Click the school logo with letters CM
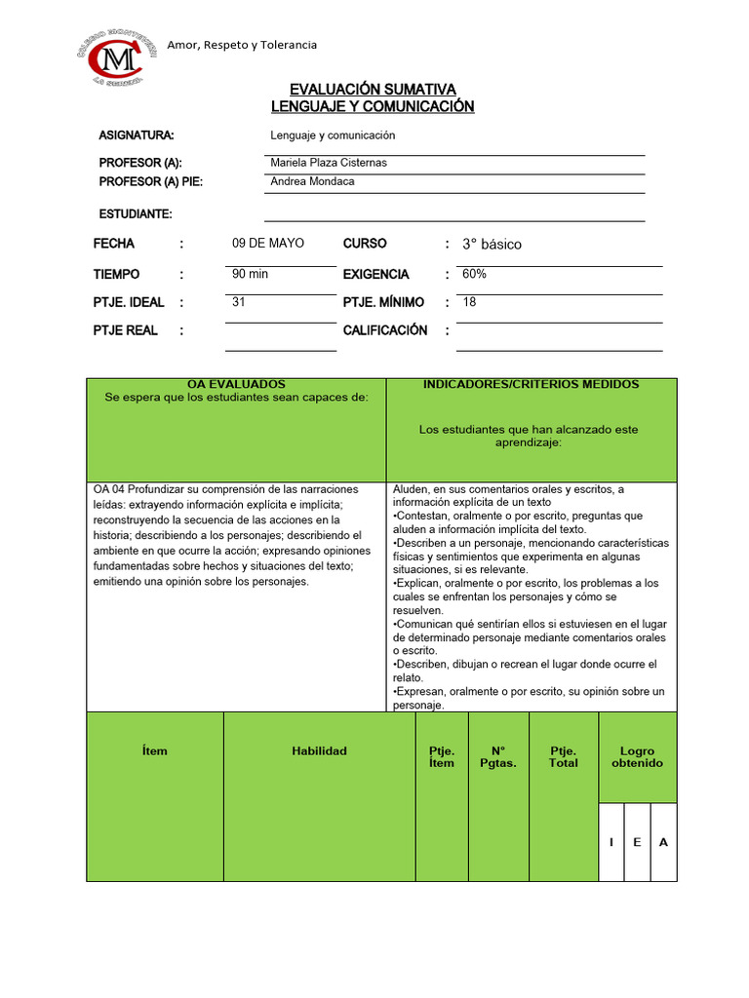tap(115, 58)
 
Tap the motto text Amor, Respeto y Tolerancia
tap(242, 45)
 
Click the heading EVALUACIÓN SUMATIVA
tap(373, 90)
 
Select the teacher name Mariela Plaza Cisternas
tap(328, 163)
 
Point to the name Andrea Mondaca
tap(312, 181)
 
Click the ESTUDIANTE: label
tap(136, 213)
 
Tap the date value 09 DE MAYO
tap(268, 243)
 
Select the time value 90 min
tap(251, 274)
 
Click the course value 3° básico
tap(492, 244)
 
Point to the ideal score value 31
tap(239, 302)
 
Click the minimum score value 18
tap(470, 302)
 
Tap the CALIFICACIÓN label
tap(385, 330)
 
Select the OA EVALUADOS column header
tap(236, 385)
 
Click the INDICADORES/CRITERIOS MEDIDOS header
tap(531, 384)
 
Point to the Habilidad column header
tap(319, 751)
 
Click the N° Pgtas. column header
tap(498, 757)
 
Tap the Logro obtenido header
tap(637, 757)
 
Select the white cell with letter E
tap(637, 842)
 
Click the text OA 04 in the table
tap(109, 489)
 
